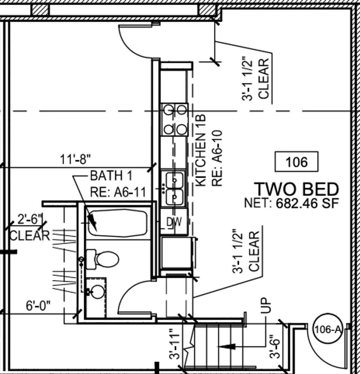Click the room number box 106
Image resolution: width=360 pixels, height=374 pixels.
coord(296,161)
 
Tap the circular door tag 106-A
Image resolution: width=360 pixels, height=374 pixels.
coord(327,330)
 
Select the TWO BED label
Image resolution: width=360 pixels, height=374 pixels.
coord(297,189)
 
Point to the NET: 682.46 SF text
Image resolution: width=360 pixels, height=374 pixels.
coord(291,204)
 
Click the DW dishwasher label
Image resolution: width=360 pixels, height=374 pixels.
coord(174,222)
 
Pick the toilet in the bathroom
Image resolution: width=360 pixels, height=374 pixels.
coord(102,259)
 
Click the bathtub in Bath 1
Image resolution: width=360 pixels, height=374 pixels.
coord(118,223)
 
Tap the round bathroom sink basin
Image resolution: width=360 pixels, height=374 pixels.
coord(98,292)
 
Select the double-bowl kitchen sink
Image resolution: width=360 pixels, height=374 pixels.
coord(174,188)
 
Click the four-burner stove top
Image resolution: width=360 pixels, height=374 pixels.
coord(175,120)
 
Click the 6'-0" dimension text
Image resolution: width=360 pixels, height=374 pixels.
coord(38,305)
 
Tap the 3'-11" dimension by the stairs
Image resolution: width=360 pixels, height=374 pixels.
coord(174,344)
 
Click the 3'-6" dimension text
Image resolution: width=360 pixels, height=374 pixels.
coord(275,347)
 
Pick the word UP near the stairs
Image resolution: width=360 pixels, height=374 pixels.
coord(266,305)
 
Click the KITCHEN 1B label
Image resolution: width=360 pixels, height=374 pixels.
coord(200,150)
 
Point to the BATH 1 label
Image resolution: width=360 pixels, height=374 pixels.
coord(111,176)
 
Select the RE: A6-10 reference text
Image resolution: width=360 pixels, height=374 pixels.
coord(217,158)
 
